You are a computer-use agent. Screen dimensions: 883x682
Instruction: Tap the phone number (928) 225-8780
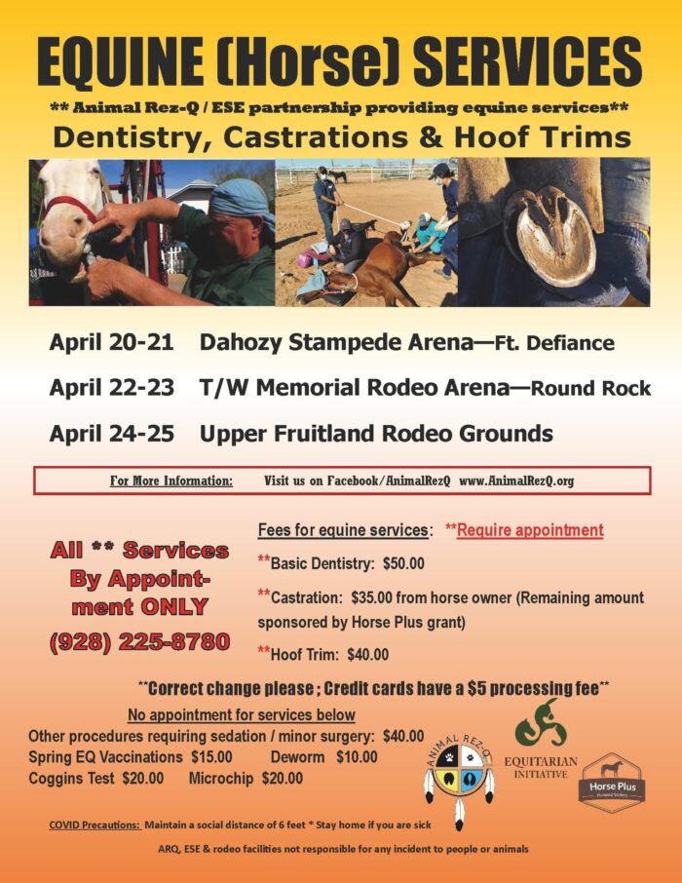point(139,641)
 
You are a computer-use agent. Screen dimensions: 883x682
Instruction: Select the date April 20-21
point(112,342)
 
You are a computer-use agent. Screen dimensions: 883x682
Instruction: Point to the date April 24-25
point(112,433)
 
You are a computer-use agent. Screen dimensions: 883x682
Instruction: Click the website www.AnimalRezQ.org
point(517,480)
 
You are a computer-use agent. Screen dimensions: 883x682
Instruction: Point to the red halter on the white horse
point(71,208)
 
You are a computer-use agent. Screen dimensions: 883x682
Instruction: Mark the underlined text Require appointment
point(530,530)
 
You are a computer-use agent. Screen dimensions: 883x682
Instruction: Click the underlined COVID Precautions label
point(94,825)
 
